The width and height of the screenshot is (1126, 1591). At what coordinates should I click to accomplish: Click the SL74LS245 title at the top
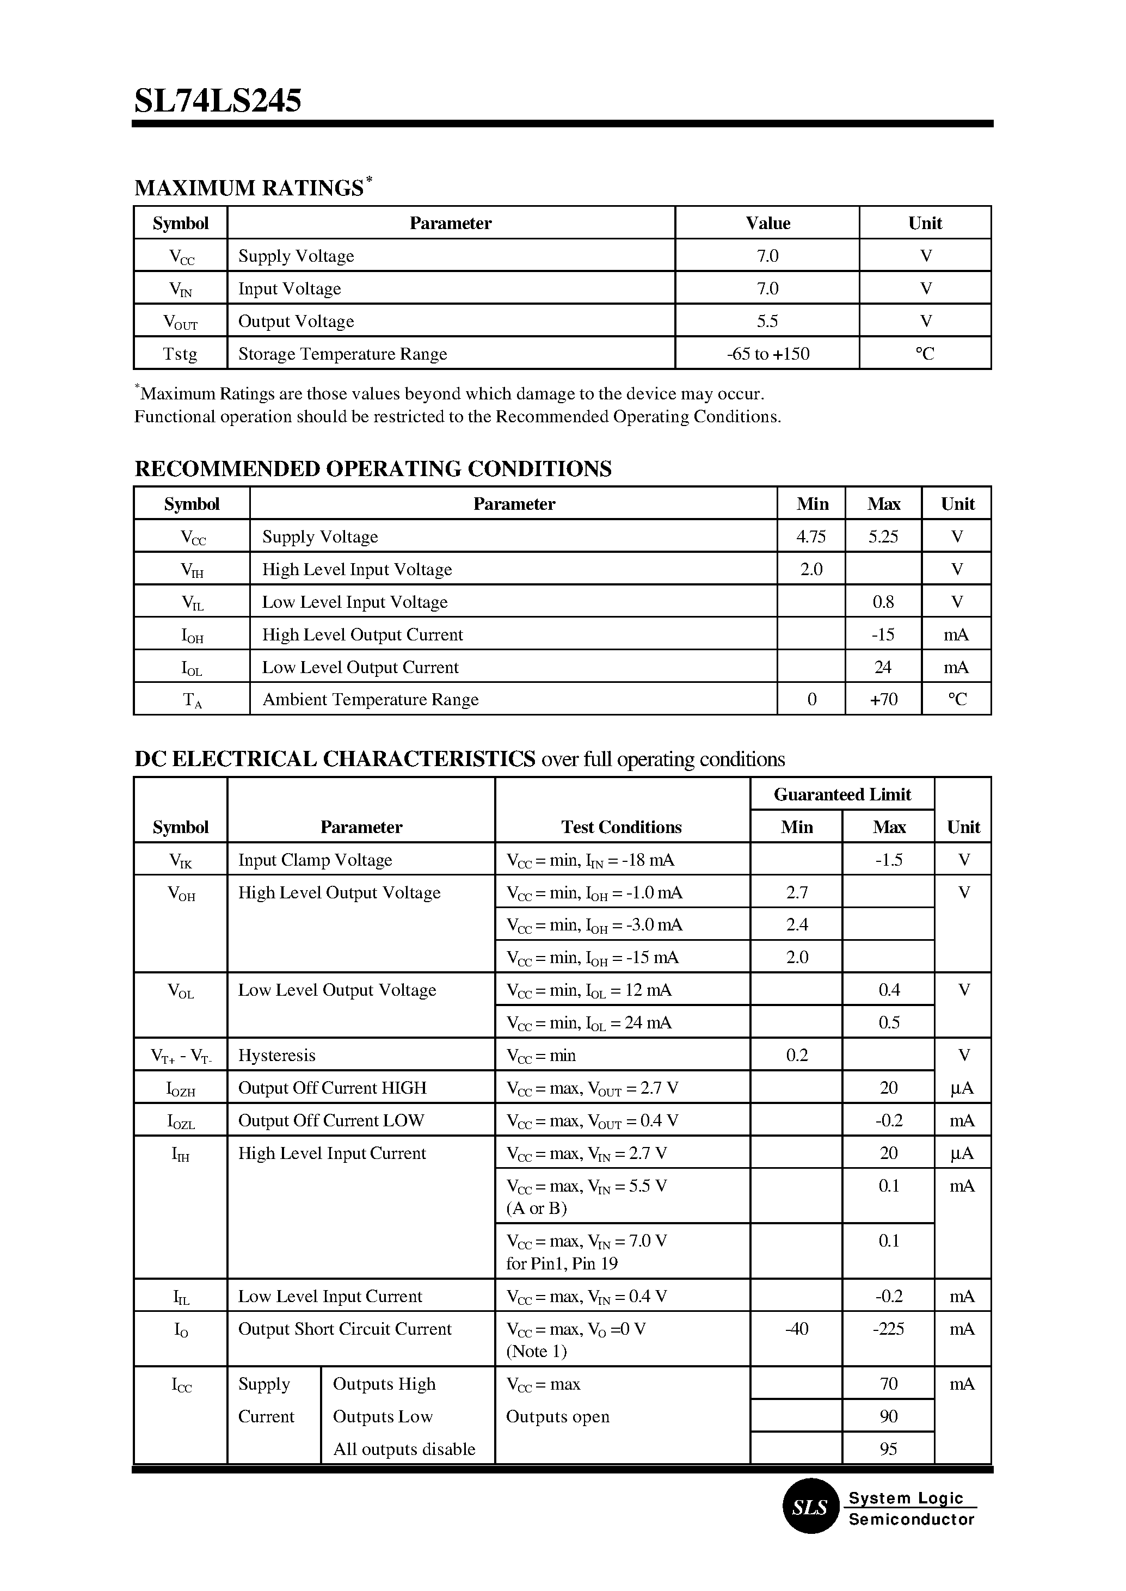[x=218, y=101]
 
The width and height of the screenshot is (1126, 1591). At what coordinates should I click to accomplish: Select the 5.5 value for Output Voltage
[x=767, y=321]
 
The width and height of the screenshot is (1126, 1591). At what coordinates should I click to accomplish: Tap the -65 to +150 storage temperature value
[x=767, y=354]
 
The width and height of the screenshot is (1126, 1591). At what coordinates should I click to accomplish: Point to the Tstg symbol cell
[x=180, y=354]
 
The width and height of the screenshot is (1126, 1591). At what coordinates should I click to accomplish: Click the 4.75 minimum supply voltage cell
[x=811, y=536]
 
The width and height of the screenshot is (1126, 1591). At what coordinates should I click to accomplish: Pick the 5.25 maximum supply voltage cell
[x=883, y=536]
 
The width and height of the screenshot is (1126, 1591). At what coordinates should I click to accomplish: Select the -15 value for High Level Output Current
[x=883, y=634]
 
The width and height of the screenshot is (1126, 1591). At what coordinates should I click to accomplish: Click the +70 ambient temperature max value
[x=883, y=700]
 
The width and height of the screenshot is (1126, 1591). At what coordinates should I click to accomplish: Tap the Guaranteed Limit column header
[x=842, y=794]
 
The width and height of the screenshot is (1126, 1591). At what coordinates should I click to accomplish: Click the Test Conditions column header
[x=622, y=827]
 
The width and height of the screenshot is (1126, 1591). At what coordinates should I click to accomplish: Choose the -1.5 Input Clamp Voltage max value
[x=888, y=860]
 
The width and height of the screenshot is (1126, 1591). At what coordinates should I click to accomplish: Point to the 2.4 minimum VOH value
[x=797, y=925]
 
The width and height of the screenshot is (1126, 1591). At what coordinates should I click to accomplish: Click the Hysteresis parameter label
[x=276, y=1055]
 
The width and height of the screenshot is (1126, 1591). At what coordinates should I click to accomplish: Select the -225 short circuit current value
[x=888, y=1328]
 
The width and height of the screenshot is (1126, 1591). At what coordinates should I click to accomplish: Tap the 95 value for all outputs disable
[x=888, y=1449]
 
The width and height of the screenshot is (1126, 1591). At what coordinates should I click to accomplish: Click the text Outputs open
[x=557, y=1416]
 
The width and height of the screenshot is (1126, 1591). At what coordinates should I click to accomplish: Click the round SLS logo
[x=810, y=1507]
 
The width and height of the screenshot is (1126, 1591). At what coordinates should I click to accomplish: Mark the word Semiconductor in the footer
[x=911, y=1520]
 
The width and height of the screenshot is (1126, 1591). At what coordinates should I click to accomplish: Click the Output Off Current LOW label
[x=331, y=1120]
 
